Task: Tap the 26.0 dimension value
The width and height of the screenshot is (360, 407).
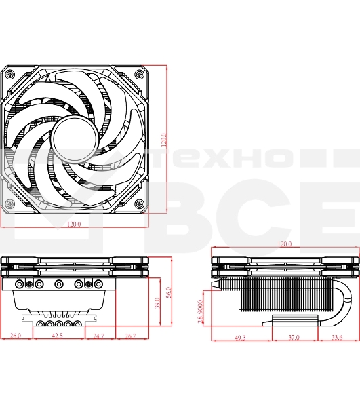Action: [x=15, y=336]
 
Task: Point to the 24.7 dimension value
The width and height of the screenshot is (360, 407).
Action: [x=98, y=336]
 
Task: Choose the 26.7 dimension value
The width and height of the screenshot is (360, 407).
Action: [x=130, y=336]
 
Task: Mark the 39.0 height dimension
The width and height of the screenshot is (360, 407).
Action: [x=157, y=304]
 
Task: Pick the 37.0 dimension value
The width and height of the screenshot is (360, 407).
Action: [x=293, y=337]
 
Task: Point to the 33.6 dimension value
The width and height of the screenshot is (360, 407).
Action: [x=336, y=337]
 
